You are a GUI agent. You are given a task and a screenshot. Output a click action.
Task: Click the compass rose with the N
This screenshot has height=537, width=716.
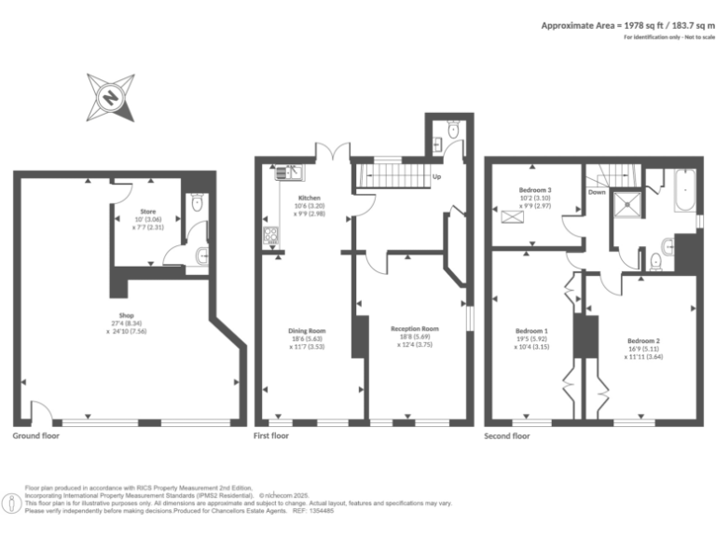pos(111,96)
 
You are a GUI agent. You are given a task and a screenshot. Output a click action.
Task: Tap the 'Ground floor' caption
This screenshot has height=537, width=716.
pos(38,435)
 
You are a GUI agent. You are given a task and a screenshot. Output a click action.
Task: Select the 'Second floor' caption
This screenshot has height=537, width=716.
pos(507,435)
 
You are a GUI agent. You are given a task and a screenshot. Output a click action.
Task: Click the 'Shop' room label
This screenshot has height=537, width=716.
pos(128,315)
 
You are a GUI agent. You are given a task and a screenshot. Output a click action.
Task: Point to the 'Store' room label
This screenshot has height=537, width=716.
pos(147,212)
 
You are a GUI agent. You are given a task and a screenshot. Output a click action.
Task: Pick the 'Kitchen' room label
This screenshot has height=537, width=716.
pos(310,199)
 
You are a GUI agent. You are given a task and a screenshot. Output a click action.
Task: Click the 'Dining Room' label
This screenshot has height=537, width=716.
pos(306,330)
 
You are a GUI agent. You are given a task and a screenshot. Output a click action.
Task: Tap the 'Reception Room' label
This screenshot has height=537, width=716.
pos(414,329)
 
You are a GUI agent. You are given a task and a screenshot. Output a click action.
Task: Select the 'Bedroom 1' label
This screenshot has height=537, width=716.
pos(531,331)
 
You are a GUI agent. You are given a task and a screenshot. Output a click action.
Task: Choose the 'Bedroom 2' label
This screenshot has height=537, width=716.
pos(643,340)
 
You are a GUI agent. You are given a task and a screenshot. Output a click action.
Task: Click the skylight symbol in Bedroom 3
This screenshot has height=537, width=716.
pos(512,218)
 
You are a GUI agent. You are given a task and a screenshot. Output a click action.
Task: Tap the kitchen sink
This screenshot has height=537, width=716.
pos(285,172)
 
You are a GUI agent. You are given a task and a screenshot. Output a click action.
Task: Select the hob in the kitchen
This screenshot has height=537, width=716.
pos(271,236)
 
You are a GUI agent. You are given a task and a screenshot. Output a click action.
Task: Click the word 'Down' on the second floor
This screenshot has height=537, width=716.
pos(597,193)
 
